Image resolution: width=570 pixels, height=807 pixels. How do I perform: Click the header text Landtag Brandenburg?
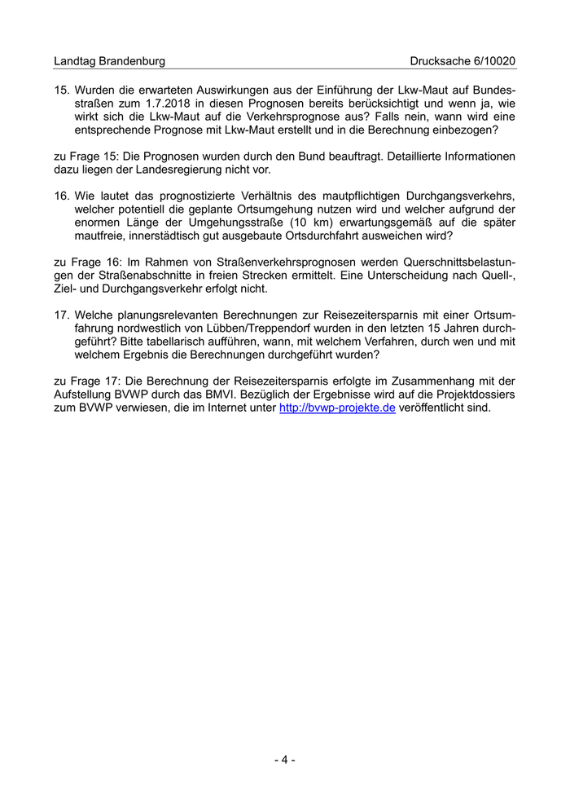pyautogui.click(x=109, y=61)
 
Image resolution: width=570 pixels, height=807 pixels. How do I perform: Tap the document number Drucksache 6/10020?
pyautogui.click(x=463, y=61)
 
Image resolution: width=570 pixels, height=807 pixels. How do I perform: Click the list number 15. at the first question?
pyautogui.click(x=63, y=90)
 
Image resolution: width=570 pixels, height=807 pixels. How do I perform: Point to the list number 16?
pyautogui.click(x=63, y=196)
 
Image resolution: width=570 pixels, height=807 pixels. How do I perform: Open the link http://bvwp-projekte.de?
pyautogui.click(x=337, y=408)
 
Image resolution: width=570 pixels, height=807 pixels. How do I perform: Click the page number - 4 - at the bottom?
pyautogui.click(x=284, y=760)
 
